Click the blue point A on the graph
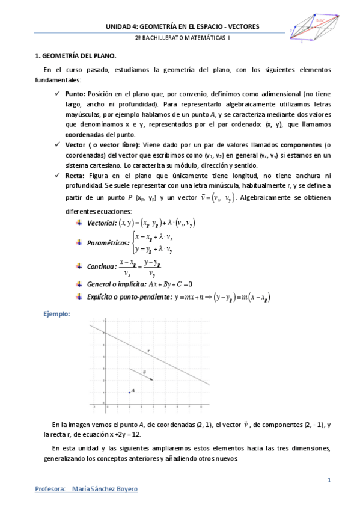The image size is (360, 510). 129,392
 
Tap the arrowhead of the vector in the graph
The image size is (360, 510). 151,380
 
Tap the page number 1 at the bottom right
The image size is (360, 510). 329,480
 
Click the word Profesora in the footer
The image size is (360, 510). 50,489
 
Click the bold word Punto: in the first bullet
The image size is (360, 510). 76,94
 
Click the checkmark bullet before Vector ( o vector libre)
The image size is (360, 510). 57,145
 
